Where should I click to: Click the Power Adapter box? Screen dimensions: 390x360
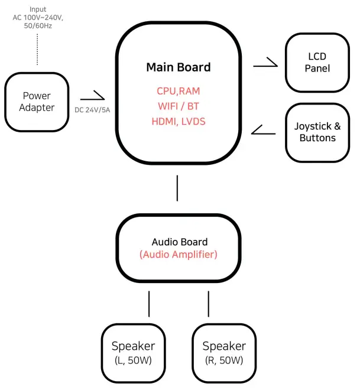coord(37,101)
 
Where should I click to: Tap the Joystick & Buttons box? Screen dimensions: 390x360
coord(317,132)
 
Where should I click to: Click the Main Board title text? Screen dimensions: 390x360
coord(178,67)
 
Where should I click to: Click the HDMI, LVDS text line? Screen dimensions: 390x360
coord(178,121)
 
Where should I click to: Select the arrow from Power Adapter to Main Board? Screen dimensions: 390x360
coord(92,96)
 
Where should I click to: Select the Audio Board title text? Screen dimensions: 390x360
coord(179,242)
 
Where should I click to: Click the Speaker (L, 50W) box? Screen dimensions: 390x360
coord(134,352)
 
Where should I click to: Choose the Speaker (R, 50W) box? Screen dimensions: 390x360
coord(223,352)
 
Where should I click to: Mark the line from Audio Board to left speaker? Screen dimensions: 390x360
coord(149,303)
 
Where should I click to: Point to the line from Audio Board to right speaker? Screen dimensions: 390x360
coord(208,303)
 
